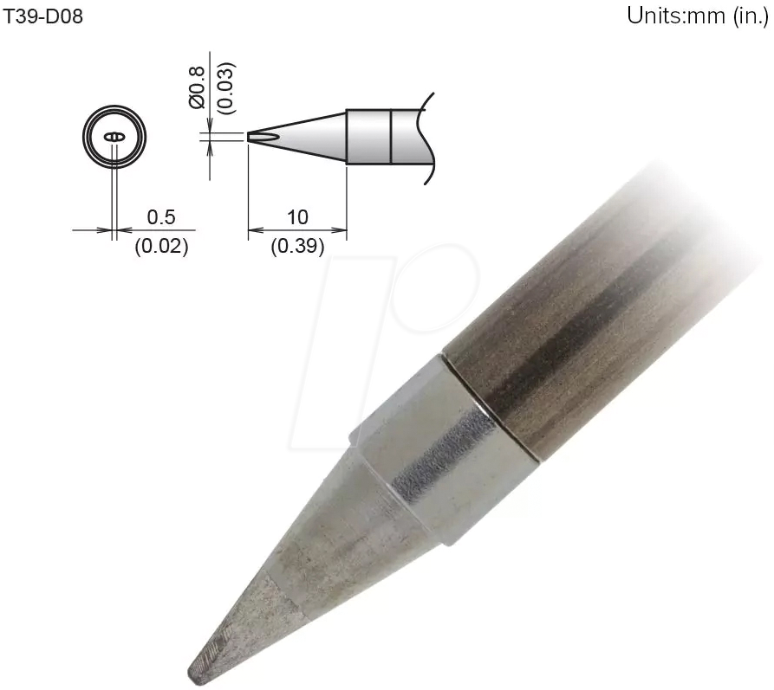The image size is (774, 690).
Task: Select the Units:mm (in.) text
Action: [699, 17]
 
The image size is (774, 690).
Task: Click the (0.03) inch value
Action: [224, 87]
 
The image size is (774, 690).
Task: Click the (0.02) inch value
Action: [161, 247]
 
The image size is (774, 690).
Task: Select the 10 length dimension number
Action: [297, 216]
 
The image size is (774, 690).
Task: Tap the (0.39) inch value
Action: [297, 247]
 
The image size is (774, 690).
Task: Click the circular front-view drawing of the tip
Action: [114, 138]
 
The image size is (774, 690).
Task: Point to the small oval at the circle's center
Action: [114, 138]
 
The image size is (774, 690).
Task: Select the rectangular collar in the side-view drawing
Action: [368, 137]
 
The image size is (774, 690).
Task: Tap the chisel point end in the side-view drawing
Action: [252, 137]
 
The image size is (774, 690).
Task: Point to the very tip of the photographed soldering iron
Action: [192, 672]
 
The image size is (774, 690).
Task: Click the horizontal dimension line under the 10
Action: [297, 231]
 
